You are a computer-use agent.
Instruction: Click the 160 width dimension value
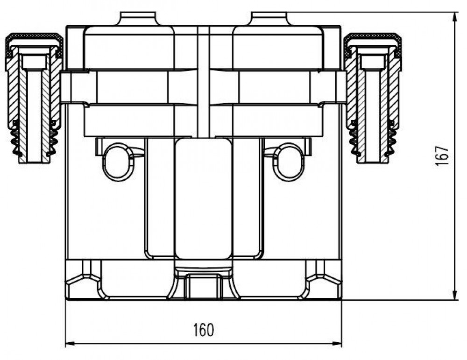(x=204, y=330)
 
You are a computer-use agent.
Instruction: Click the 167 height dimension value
(x=442, y=156)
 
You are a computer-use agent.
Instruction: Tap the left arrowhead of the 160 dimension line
(x=70, y=344)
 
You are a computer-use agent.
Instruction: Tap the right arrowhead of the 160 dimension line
(x=338, y=344)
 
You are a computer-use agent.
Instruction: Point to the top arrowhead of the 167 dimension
(x=455, y=17)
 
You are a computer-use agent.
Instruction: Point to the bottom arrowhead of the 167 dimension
(x=455, y=296)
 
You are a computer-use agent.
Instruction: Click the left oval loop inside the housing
(x=118, y=162)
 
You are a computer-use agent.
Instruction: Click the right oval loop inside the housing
(x=288, y=162)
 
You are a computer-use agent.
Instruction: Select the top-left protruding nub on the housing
(x=138, y=19)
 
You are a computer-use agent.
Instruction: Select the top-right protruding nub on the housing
(x=269, y=19)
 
